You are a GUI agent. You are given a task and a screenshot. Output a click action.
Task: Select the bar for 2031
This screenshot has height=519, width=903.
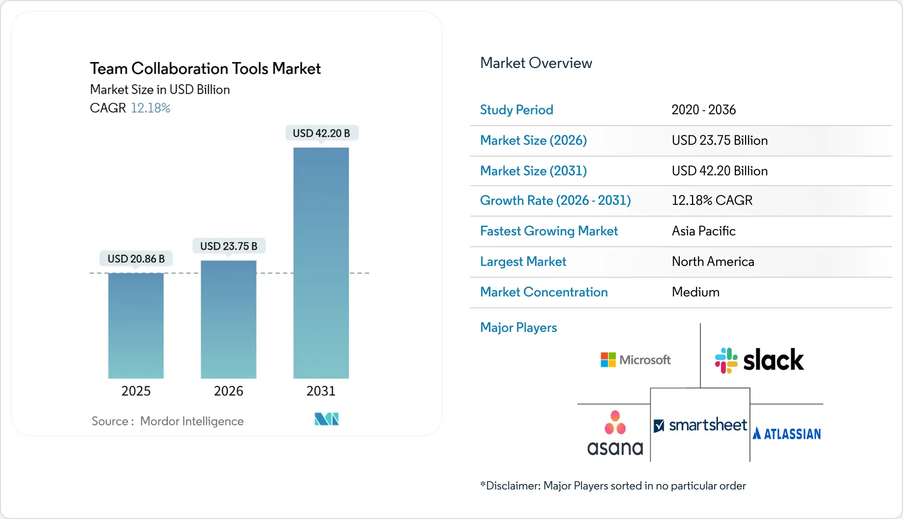pos(321,263)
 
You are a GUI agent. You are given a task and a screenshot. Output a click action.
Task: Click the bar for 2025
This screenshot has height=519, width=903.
pos(136,325)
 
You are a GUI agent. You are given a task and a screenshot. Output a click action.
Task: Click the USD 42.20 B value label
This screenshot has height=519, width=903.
pos(321,133)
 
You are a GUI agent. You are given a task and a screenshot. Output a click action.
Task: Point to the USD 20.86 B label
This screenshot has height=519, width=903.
pos(136,259)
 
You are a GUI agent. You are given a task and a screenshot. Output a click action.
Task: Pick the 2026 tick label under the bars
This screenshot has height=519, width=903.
pos(228,391)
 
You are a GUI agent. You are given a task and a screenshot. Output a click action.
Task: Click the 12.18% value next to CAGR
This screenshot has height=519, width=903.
pos(150,108)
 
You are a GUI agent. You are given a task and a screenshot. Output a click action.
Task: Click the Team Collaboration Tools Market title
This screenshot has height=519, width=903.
pos(205,68)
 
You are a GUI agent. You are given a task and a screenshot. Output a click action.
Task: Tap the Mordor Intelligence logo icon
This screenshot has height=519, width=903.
pos(327,419)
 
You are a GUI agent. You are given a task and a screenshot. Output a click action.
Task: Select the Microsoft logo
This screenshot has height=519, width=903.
pos(635,360)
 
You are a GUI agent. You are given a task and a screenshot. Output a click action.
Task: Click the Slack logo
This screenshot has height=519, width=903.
pos(759,360)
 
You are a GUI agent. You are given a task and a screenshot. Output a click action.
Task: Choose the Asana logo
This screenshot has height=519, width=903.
pos(615,433)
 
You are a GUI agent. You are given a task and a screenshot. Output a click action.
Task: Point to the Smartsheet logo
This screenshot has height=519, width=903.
pos(700,425)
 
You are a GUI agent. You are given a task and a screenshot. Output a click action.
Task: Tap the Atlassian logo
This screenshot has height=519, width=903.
pos(786,434)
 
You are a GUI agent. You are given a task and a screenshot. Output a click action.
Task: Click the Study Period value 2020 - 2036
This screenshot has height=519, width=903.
pos(703,110)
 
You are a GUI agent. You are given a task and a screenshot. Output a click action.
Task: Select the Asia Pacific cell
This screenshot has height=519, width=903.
pos(703,231)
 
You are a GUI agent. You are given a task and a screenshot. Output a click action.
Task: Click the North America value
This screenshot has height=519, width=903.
pos(713,261)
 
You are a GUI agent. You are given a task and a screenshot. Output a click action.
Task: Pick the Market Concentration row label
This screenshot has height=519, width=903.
pos(543,292)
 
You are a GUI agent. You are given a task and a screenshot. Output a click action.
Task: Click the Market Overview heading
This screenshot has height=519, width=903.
pos(536,63)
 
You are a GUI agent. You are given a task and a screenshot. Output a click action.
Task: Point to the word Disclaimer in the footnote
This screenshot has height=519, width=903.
pos(513,486)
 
